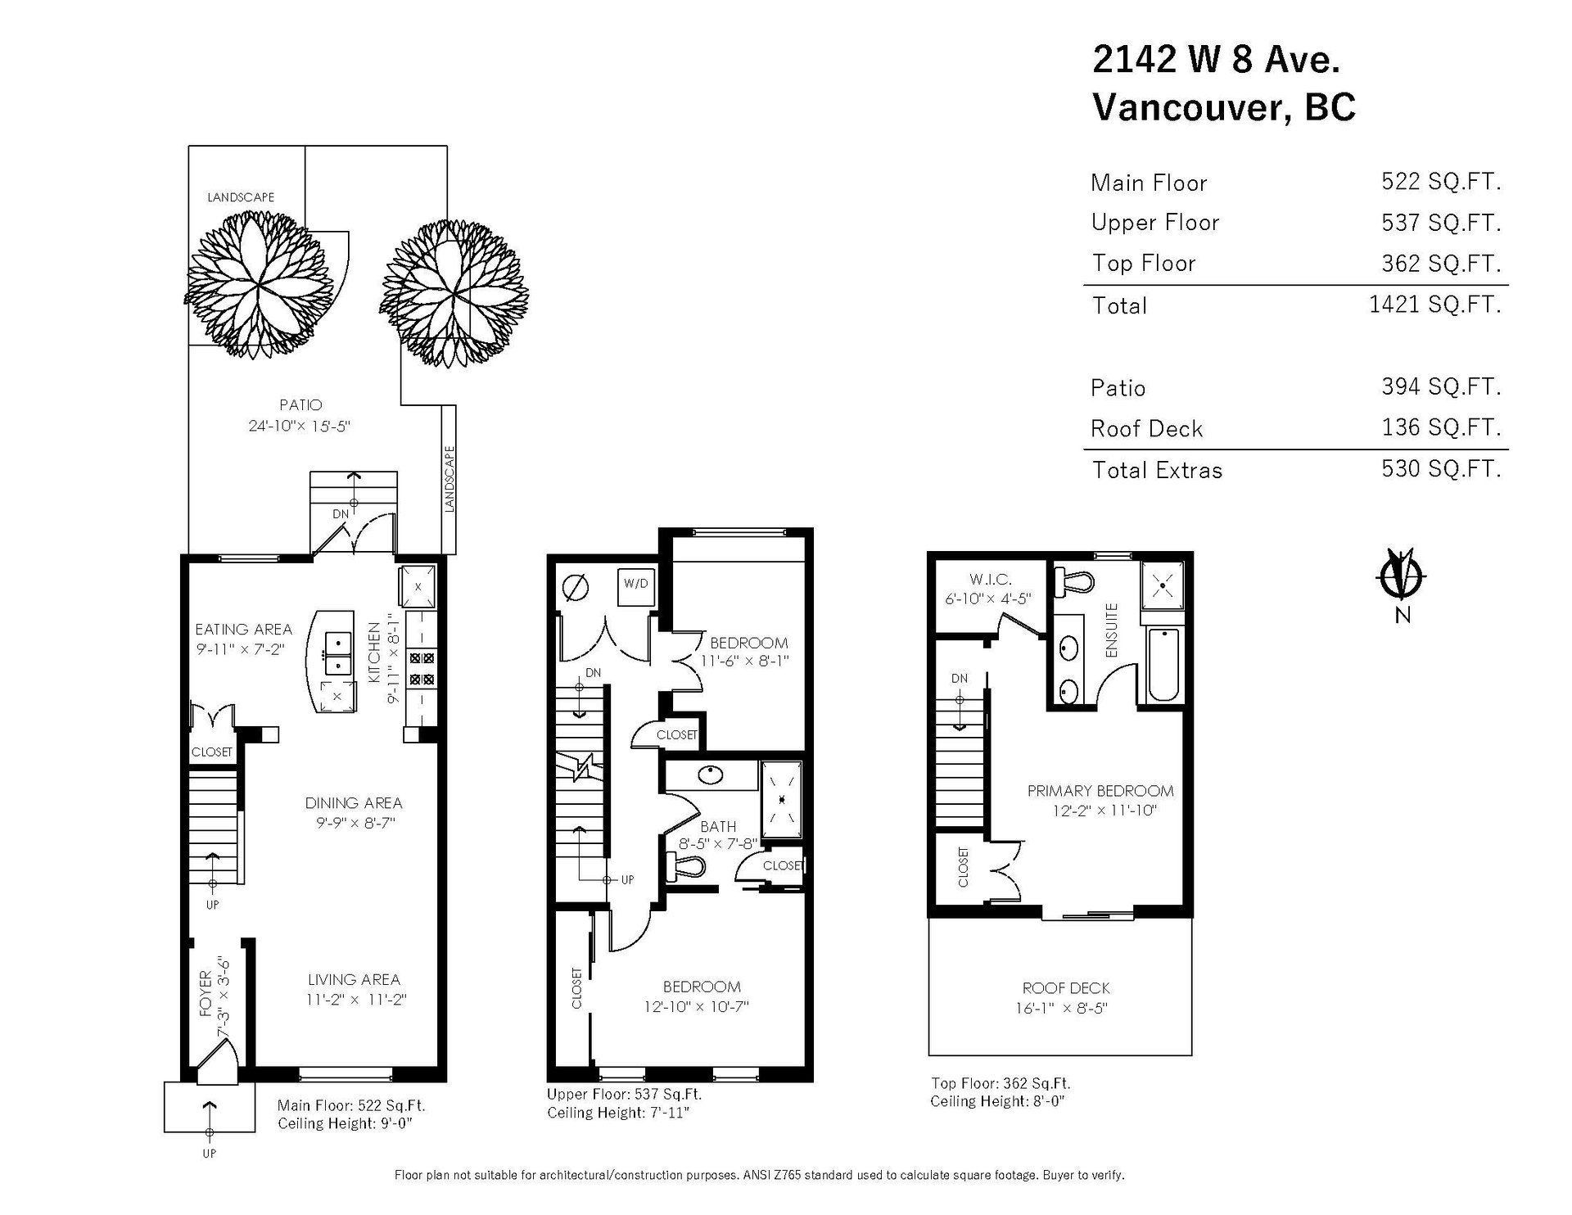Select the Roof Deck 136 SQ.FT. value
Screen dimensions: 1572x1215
coord(1441,427)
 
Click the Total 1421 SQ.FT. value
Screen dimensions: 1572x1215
coord(1434,305)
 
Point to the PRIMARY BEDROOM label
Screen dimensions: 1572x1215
coord(1100,791)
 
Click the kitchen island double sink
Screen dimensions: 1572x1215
coord(337,652)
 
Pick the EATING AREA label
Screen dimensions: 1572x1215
coord(243,629)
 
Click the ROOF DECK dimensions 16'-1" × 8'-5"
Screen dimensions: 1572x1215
coord(1065,1008)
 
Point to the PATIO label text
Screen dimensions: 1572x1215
coord(300,404)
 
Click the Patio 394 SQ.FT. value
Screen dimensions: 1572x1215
coord(1441,386)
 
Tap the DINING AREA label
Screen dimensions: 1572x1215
coord(354,803)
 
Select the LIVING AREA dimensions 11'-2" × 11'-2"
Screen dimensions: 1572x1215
coord(354,999)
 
